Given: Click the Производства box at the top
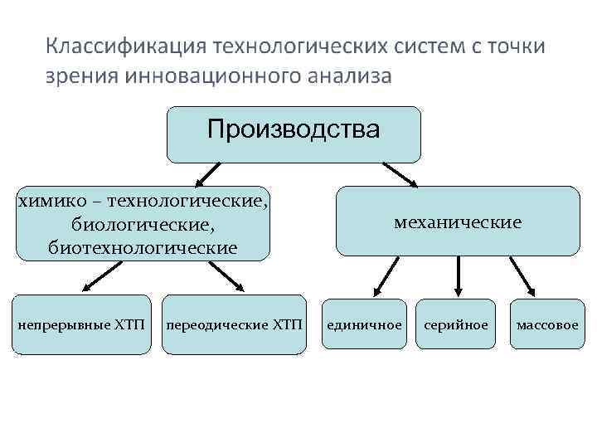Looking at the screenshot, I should tap(294, 134).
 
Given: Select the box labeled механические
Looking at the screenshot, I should tap(458, 222).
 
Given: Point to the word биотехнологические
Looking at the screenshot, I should tap(143, 247).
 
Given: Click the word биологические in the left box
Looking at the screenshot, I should tap(143, 224).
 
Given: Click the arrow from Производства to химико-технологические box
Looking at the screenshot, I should tap(207, 174).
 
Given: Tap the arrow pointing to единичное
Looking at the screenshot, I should tap(386, 275).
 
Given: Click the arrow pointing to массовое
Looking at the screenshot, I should tap(522, 275).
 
